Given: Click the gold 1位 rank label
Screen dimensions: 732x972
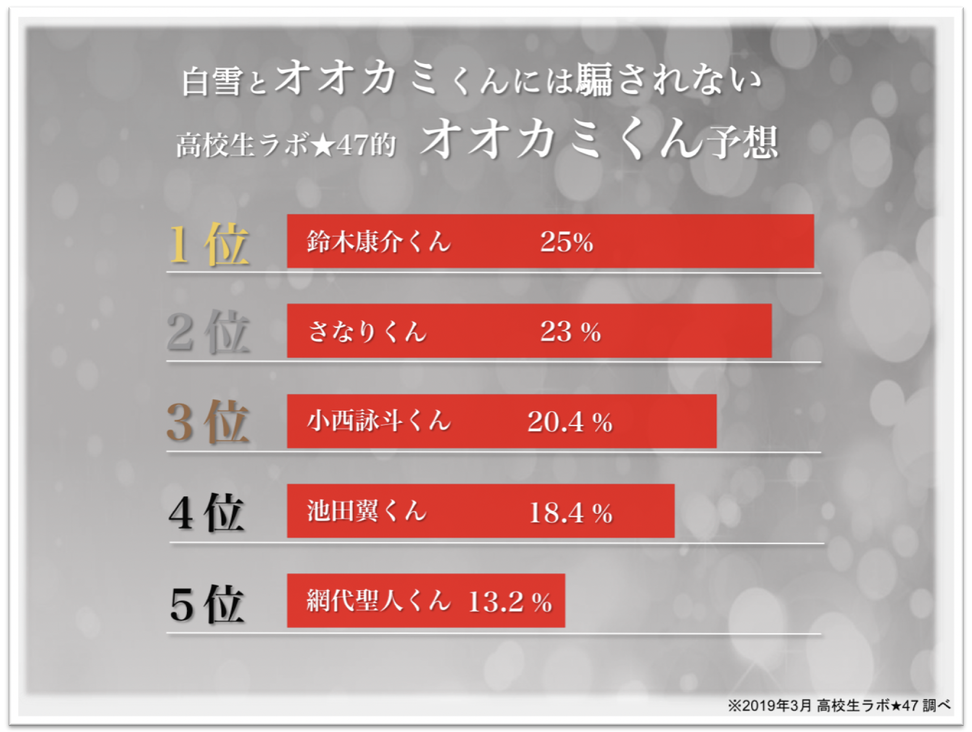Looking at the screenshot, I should (x=208, y=244).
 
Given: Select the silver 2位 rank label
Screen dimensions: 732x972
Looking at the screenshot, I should (x=208, y=333).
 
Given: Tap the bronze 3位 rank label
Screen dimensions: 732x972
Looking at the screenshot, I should (x=207, y=422).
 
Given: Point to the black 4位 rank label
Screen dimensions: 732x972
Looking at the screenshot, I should (x=207, y=513).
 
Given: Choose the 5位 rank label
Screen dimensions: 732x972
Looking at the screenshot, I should (x=207, y=605).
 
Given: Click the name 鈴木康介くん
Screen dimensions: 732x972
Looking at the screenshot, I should (x=378, y=242).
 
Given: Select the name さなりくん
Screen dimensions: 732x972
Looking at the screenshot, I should (x=367, y=331).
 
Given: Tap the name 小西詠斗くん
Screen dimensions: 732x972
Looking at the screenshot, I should (x=378, y=421).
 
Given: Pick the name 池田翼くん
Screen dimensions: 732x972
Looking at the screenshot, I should (x=366, y=511).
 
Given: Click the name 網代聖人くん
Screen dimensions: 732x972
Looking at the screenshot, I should (x=378, y=601).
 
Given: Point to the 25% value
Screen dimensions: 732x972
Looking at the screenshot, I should (x=566, y=242).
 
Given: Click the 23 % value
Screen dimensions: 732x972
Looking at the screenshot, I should (x=570, y=332).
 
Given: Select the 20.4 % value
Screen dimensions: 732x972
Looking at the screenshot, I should (x=569, y=422).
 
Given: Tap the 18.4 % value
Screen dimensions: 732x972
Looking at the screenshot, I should (x=570, y=513).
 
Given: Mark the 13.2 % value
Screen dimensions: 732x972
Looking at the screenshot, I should (x=510, y=602).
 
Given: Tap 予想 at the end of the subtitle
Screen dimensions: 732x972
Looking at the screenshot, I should (x=744, y=142).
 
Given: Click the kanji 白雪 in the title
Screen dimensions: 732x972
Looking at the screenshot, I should (x=211, y=82).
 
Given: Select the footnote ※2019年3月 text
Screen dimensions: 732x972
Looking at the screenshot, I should (x=770, y=705).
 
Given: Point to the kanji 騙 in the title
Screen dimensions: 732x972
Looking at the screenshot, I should (x=594, y=79).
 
